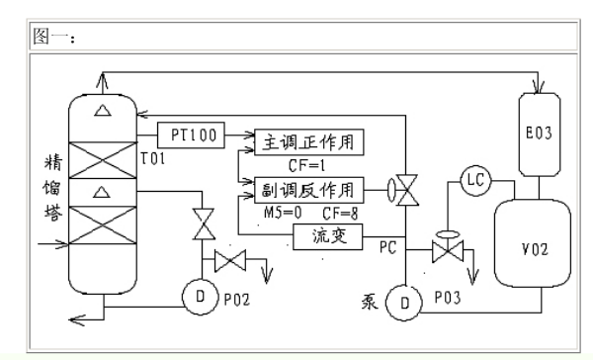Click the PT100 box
click(192, 133)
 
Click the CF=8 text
click(340, 212)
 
